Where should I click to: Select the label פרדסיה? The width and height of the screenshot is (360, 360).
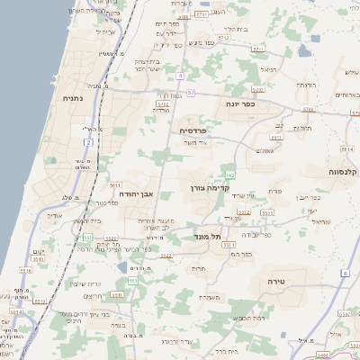click(193, 130)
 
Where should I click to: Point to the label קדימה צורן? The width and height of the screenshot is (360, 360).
click(204, 188)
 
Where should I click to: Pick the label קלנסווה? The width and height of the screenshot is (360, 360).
click(343, 171)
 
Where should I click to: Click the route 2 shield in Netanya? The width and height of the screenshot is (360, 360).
click(87, 142)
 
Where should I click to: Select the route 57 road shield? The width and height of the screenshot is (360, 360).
click(191, 91)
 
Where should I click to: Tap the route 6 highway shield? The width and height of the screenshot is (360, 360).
click(345, 271)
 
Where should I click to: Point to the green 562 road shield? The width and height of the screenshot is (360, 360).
click(230, 174)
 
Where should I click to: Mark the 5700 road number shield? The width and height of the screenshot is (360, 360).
click(309, 109)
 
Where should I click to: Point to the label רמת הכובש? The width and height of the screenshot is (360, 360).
click(249, 318)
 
